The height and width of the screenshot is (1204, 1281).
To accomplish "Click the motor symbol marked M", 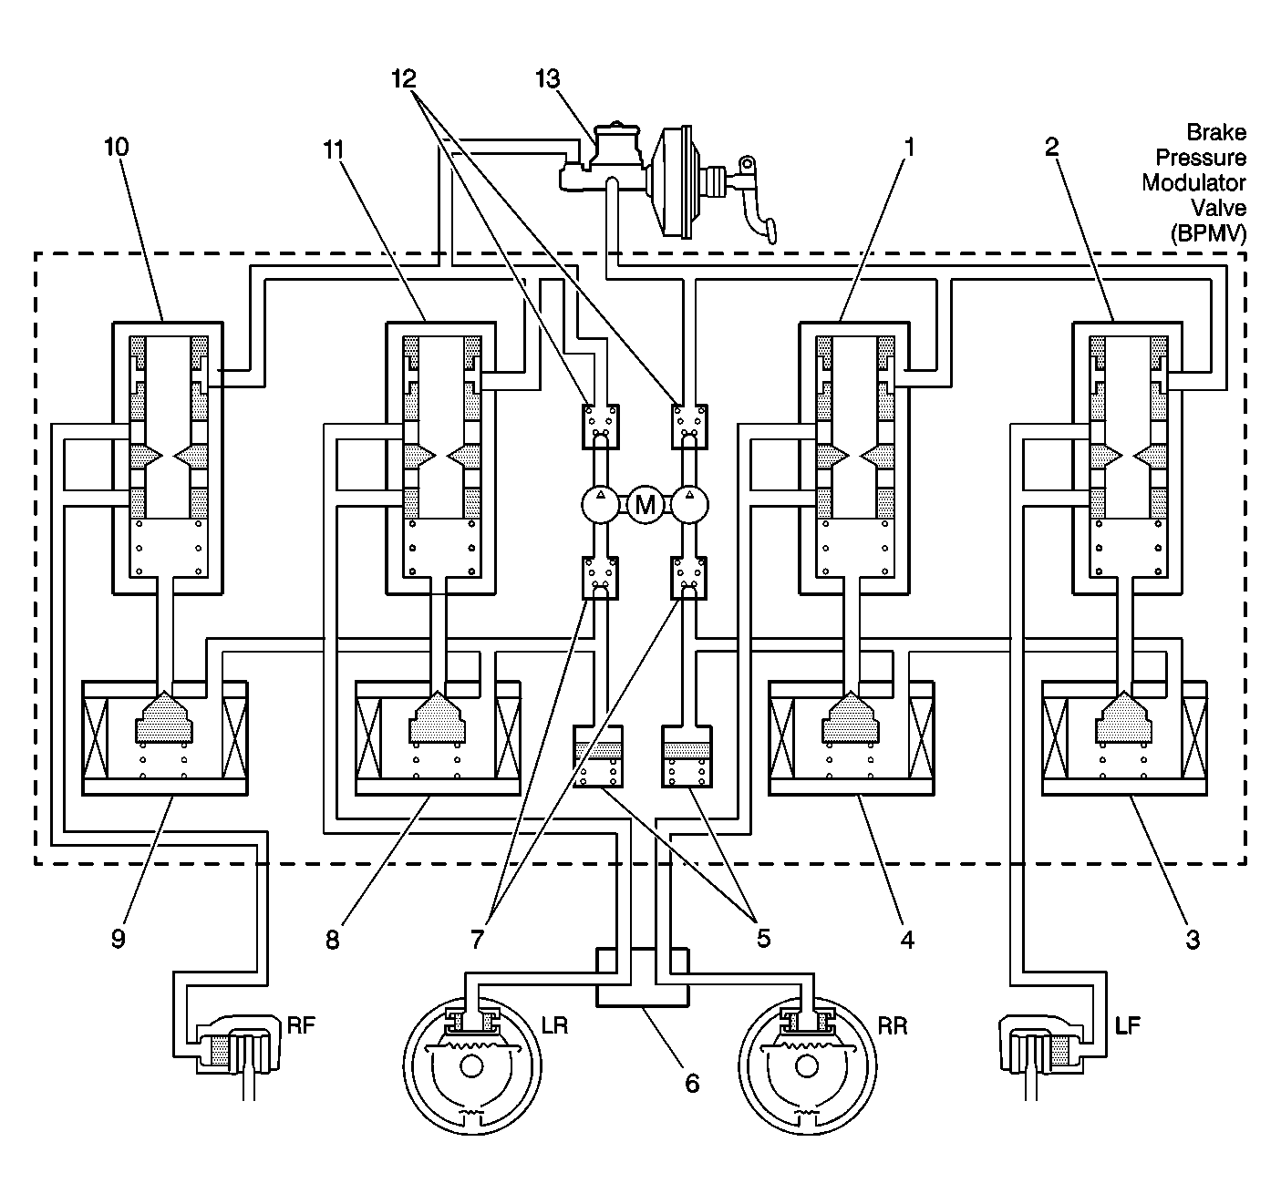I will point(645,504).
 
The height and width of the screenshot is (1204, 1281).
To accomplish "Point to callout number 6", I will point(691,1083).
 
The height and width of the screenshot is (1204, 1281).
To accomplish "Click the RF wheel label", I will point(301,1024).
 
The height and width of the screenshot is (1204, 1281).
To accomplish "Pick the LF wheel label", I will point(1128,1024).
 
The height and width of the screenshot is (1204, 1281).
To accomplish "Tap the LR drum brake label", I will point(555,1024).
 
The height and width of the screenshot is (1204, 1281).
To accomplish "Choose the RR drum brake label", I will point(893,1024).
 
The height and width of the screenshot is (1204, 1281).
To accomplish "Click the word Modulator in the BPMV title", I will point(1193,182).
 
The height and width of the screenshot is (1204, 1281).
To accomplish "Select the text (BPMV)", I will point(1208,233).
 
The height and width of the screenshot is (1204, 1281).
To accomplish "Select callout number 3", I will point(1193,938).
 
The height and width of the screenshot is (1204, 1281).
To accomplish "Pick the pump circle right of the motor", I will point(690,504).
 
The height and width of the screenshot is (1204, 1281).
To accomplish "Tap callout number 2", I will point(1051,147).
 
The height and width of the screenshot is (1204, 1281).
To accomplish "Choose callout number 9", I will point(118,938).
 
